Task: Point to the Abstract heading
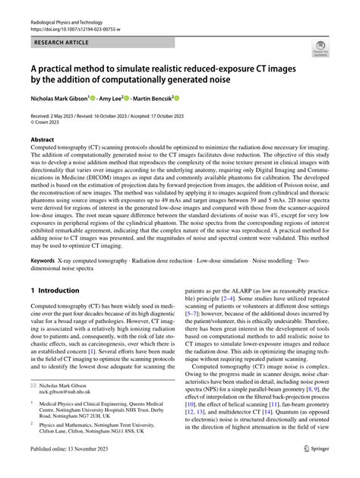(43, 139)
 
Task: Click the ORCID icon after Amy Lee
(141, 99)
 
